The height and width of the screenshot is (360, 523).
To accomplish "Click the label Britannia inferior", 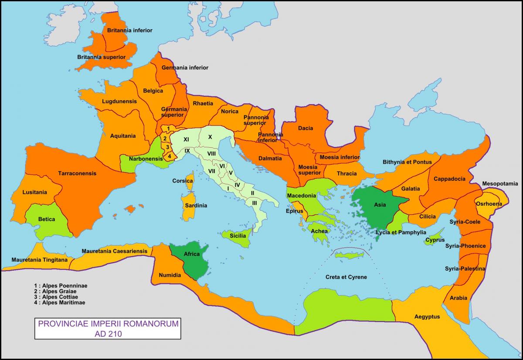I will [x=130, y=31].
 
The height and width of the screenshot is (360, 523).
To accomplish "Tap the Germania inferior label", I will [x=185, y=68].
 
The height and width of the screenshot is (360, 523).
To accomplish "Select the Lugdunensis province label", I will [x=119, y=102].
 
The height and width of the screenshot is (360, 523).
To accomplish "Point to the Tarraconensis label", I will [x=77, y=173].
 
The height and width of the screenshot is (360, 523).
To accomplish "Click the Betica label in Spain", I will [x=47, y=219].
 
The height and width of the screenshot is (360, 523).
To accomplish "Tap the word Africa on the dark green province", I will [x=191, y=254].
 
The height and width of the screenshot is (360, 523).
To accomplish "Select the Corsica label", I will [x=183, y=181].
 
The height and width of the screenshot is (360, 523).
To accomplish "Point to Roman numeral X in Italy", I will [x=210, y=137].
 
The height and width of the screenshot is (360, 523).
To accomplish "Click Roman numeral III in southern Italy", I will [x=254, y=203].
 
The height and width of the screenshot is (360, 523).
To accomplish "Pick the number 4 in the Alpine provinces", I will [x=170, y=156].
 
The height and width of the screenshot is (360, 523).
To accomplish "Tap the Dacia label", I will [x=305, y=129].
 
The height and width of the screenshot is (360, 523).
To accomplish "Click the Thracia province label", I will [x=346, y=173].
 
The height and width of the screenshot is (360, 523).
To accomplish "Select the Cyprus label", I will [x=435, y=240].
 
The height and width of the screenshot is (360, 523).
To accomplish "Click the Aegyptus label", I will [x=427, y=317].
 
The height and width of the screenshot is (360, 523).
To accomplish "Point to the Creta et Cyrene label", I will [x=346, y=277].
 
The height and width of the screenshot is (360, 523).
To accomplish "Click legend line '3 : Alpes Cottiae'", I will [x=59, y=297].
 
